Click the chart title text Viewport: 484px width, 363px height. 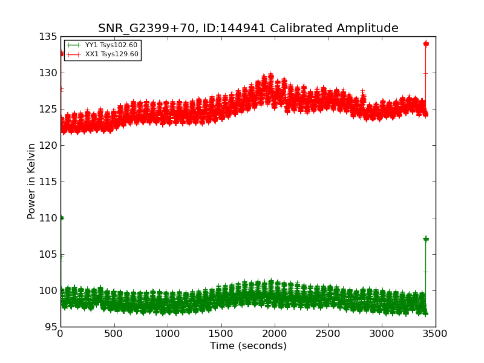(x=248, y=28)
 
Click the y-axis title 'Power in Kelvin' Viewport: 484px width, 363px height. (x=31, y=181)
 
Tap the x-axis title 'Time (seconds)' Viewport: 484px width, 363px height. (x=248, y=346)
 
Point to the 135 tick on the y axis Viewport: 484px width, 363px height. (x=48, y=37)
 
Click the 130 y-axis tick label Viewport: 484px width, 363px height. (x=48, y=73)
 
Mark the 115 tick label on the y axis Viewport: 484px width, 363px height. (x=48, y=182)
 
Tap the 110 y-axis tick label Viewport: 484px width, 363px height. (x=48, y=218)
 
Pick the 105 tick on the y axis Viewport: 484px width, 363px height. (x=48, y=255)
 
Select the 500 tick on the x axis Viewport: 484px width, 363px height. (x=114, y=333)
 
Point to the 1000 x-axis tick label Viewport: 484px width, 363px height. (x=168, y=333)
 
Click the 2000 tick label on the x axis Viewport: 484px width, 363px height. (x=275, y=333)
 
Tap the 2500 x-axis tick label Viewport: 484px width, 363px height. (x=328, y=333)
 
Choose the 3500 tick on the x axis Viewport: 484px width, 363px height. (x=435, y=333)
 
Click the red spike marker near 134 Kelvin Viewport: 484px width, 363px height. (x=426, y=44)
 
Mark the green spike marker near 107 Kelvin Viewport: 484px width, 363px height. (x=426, y=239)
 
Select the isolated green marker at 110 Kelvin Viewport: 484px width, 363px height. (x=61, y=218)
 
